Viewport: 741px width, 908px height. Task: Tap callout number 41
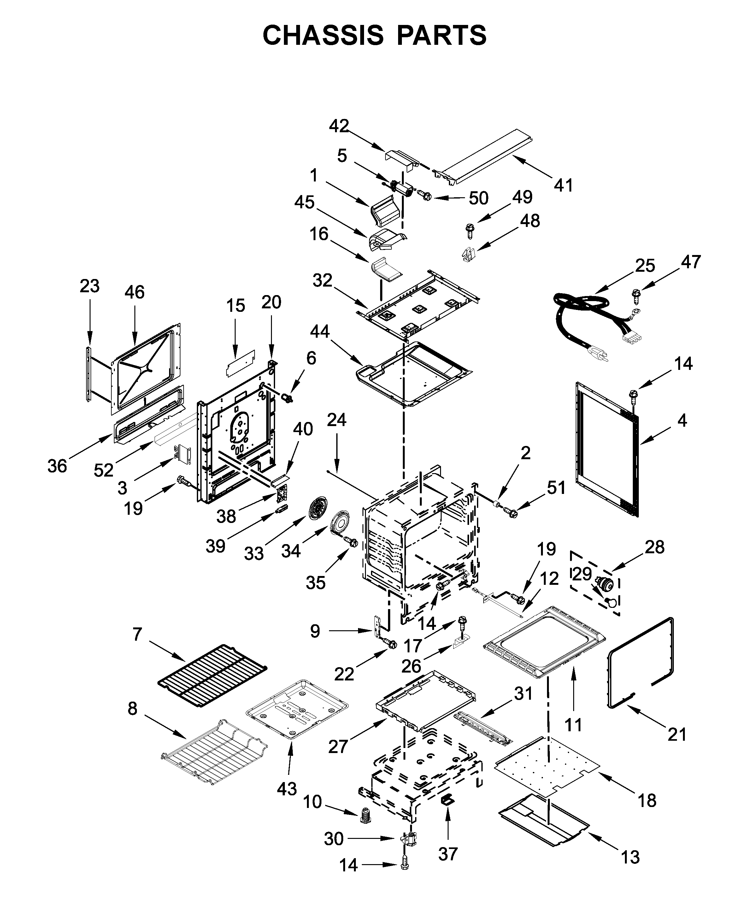tap(563, 185)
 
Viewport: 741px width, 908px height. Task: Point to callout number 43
tap(287, 789)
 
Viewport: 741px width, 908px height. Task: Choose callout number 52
tap(104, 470)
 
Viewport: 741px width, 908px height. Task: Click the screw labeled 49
tap(470, 231)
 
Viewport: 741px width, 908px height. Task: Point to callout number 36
tap(57, 466)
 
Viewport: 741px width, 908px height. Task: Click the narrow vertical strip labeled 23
tap(88, 374)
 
